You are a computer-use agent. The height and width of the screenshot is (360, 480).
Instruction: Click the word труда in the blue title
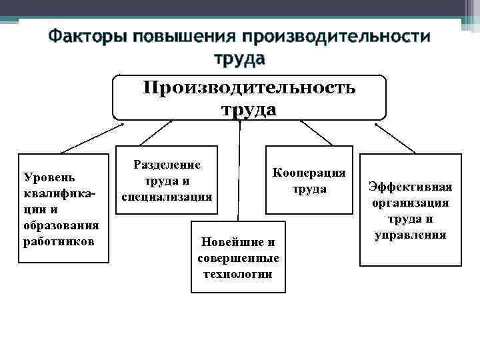click(239, 59)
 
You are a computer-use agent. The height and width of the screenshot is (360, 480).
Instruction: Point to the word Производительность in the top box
click(249, 87)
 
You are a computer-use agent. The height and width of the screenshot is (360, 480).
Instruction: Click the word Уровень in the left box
click(49, 177)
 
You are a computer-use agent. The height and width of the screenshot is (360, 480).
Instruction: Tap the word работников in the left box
click(59, 240)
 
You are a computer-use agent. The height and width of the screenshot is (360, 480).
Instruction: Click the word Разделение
click(167, 164)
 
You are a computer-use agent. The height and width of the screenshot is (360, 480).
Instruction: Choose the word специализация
click(167, 197)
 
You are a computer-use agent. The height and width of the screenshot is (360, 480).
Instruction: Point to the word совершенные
click(239, 257)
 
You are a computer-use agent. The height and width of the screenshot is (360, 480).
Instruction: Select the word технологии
click(239, 273)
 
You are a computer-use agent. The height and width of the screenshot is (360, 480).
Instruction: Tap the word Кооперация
click(309, 173)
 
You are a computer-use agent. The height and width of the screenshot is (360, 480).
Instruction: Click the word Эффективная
click(411, 187)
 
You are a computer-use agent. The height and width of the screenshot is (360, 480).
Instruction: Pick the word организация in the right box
click(411, 203)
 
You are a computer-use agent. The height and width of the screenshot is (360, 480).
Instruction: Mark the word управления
click(411, 235)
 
